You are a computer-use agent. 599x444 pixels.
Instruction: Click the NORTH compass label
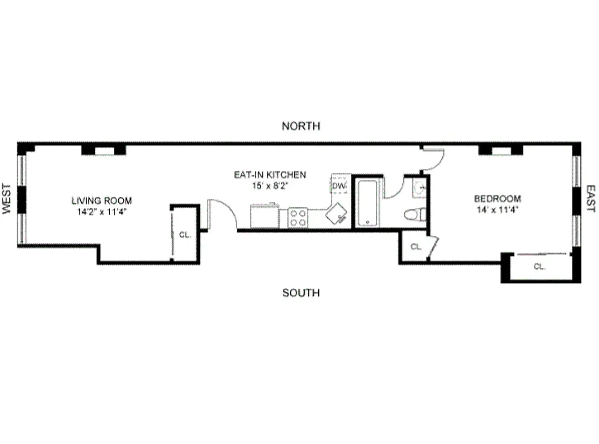click(x=301, y=126)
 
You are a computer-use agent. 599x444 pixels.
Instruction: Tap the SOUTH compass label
click(x=301, y=293)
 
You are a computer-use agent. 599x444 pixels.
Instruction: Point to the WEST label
click(x=7, y=199)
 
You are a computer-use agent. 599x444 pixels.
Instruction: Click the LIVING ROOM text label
click(x=102, y=200)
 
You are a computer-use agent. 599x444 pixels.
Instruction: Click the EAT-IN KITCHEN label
click(x=269, y=175)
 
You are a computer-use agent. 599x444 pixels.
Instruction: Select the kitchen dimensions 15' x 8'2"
click(x=269, y=186)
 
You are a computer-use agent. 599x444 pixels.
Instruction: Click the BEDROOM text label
click(x=497, y=199)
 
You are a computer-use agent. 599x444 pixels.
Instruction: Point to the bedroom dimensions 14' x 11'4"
click(x=497, y=210)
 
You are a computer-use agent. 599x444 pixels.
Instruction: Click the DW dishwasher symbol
click(x=339, y=186)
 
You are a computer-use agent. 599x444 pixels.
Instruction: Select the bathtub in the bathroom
click(x=368, y=203)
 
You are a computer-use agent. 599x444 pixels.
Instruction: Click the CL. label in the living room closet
click(x=185, y=235)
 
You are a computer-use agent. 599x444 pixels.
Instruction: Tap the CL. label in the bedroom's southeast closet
click(x=539, y=266)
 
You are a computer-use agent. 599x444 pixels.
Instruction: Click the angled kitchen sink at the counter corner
click(x=337, y=214)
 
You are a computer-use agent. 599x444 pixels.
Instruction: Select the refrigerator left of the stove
click(x=264, y=216)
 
